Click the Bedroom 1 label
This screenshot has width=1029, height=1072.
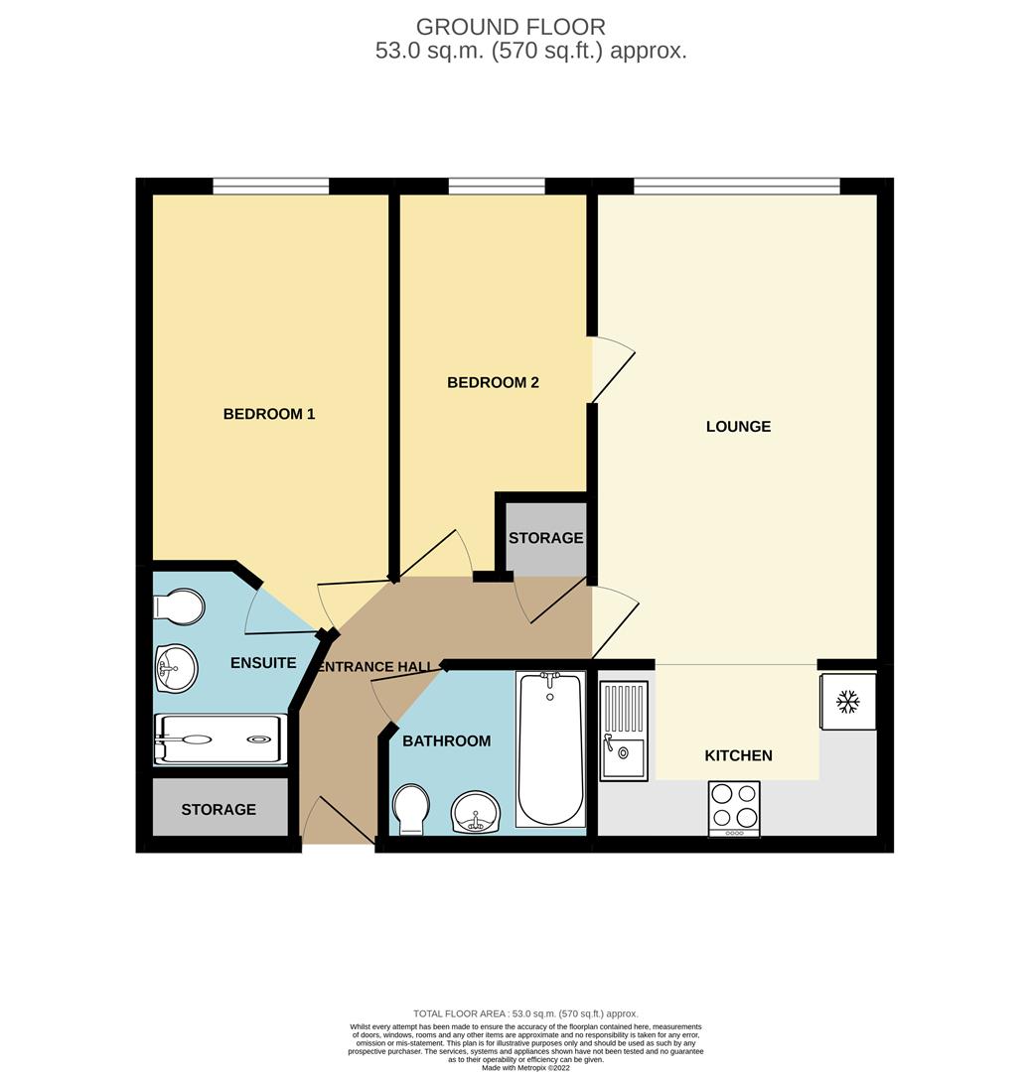[x=268, y=414]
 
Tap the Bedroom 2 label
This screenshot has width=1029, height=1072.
[x=493, y=382]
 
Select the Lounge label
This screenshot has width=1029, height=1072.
[x=738, y=427]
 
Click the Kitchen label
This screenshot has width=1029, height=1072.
[x=738, y=755]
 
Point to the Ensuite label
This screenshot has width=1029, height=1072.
[x=263, y=662]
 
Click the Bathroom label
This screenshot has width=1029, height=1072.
[x=446, y=740]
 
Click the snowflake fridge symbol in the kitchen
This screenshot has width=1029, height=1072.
[x=847, y=702]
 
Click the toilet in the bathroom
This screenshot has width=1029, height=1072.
[x=410, y=809]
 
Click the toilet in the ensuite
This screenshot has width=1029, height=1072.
[x=181, y=606]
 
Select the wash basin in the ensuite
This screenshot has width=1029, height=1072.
[x=176, y=668]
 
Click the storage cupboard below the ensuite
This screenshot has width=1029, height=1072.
[x=219, y=809]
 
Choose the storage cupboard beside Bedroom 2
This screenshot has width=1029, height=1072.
[x=545, y=537]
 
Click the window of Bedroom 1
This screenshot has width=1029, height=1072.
[x=270, y=186]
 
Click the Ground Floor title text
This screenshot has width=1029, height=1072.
[x=511, y=27]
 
